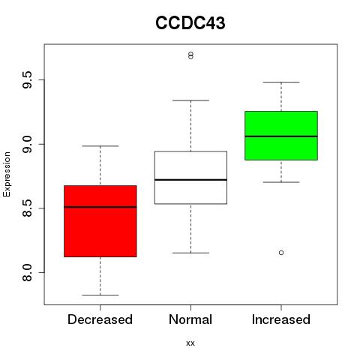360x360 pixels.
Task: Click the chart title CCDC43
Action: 190,23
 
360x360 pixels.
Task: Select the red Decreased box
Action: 100,221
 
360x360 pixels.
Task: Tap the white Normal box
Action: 190,178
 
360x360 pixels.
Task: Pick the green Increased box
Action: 281,136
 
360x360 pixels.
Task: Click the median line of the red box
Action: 100,207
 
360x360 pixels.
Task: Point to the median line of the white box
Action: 190,180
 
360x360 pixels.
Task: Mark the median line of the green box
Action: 281,136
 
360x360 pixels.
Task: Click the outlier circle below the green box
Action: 281,253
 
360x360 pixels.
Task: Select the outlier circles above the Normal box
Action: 190,55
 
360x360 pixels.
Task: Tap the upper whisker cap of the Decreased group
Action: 100,145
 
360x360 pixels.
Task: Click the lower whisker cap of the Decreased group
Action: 100,295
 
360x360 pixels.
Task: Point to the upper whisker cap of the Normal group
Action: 190,100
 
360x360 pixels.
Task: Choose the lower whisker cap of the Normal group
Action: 190,253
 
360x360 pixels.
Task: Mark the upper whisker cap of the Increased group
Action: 281,82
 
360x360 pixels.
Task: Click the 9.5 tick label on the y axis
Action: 27,79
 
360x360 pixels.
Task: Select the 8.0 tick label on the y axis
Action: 27,272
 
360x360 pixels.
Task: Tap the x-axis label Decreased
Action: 100,319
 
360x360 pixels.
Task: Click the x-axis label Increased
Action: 281,319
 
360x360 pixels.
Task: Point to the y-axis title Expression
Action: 7,174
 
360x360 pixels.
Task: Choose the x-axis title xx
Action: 190,343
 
